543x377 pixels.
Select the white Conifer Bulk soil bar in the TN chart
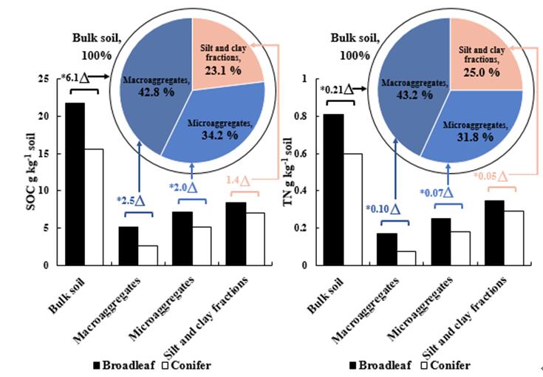352,208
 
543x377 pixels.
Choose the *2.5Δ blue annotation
134,200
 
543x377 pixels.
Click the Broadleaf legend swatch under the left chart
97,365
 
